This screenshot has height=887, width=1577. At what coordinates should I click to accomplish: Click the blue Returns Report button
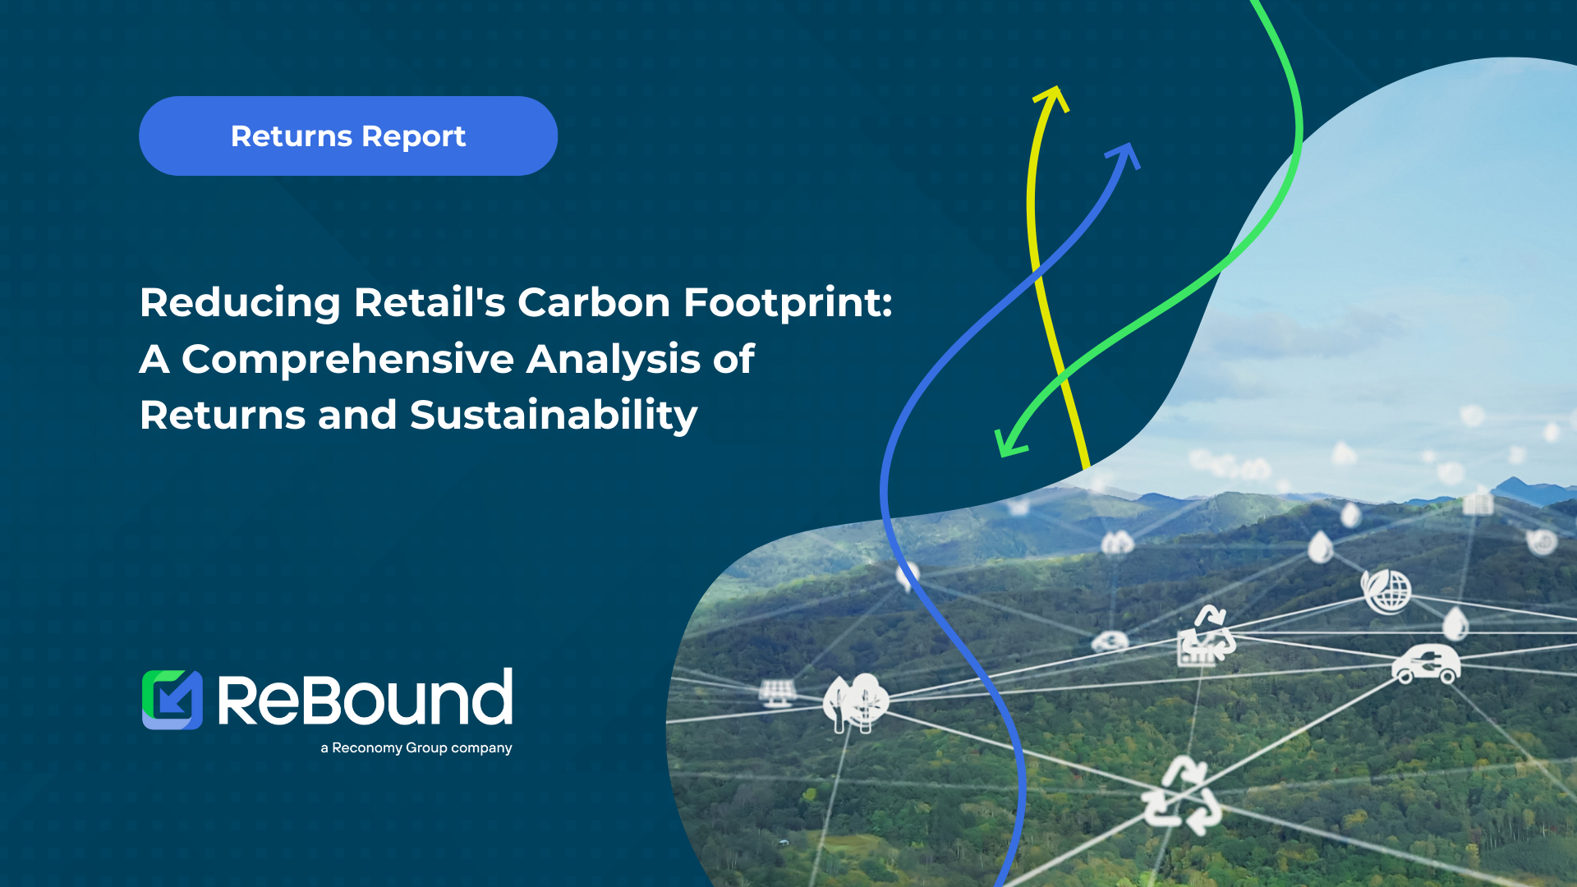(x=348, y=136)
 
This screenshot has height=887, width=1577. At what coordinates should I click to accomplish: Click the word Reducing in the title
(x=240, y=304)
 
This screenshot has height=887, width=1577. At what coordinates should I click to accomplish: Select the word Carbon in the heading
(x=594, y=302)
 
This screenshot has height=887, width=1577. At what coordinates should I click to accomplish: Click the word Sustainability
(x=554, y=416)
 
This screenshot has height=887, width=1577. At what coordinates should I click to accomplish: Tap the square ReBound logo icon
(x=172, y=700)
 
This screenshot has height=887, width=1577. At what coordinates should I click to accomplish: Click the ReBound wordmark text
(x=365, y=697)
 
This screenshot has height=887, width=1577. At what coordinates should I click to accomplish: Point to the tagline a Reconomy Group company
(x=416, y=748)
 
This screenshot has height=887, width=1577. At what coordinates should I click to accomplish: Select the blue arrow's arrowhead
(x=1125, y=155)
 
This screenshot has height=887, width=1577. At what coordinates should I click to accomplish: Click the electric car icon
(x=1426, y=664)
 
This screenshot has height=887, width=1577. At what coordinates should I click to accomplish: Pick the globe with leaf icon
(x=1386, y=591)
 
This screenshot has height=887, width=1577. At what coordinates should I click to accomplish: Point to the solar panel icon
(x=777, y=692)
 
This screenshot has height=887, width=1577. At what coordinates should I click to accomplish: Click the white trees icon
(x=856, y=703)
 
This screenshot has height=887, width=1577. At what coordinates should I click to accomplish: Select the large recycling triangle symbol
(x=1182, y=796)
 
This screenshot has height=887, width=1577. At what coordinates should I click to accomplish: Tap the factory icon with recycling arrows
(x=1205, y=637)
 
